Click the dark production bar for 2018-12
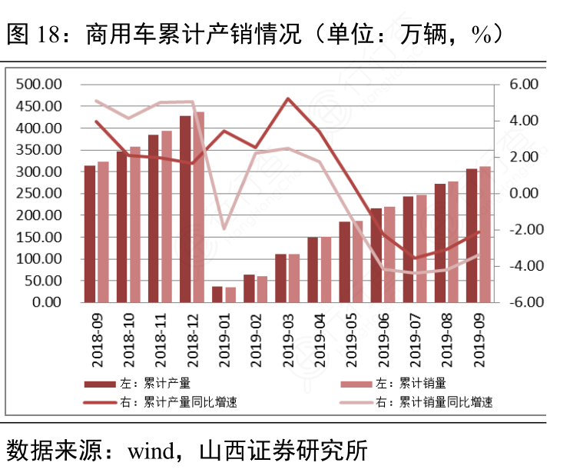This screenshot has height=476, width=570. [x=185, y=208]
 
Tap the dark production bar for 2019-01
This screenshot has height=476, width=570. [x=217, y=294]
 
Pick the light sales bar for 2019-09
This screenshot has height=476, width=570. [x=485, y=234]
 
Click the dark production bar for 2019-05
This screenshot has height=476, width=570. [x=345, y=261]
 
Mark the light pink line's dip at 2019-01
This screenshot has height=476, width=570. [x=224, y=229]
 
